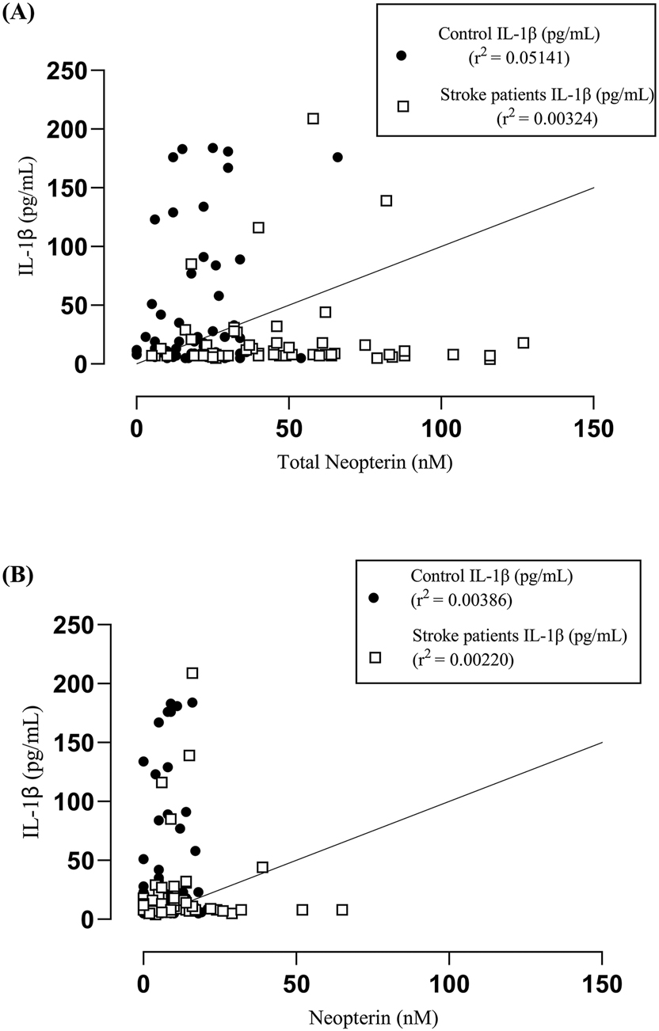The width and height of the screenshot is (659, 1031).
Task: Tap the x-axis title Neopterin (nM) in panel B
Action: [x=368, y=1018]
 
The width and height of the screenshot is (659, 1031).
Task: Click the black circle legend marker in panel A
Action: [x=401, y=55]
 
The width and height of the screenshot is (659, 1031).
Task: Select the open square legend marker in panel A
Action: [x=402, y=106]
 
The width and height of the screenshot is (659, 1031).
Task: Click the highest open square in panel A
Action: [x=313, y=118]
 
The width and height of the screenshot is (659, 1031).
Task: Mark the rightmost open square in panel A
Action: [x=523, y=343]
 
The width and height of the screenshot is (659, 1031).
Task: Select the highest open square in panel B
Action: [x=192, y=673]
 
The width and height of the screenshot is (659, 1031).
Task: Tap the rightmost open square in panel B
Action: [x=342, y=910]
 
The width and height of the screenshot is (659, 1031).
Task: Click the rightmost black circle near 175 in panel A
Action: [x=337, y=157]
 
